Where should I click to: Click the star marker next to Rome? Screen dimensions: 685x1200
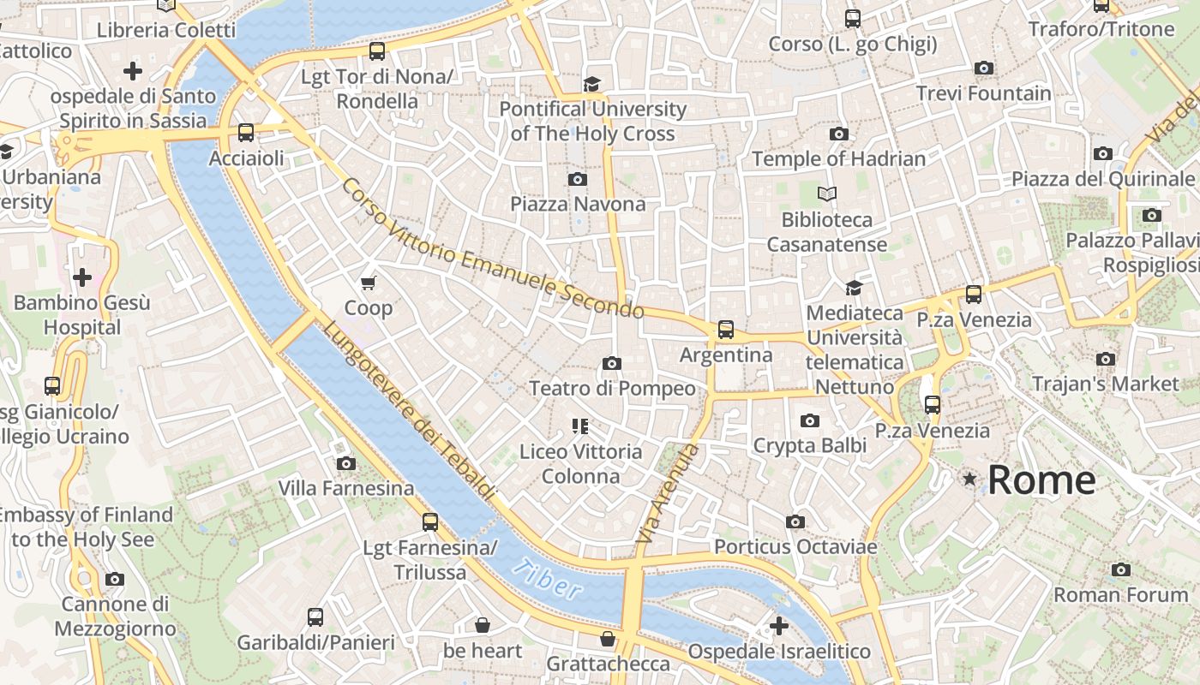click(x=969, y=479)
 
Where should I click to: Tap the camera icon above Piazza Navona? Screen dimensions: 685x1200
click(x=578, y=179)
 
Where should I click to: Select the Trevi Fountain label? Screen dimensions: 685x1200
click(x=983, y=93)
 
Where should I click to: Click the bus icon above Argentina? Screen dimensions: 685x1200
click(x=726, y=329)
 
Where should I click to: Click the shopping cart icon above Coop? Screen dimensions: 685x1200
click(x=369, y=283)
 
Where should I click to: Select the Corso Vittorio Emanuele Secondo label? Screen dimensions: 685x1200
click(x=492, y=249)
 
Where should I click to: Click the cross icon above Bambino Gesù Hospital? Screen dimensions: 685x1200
click(x=82, y=277)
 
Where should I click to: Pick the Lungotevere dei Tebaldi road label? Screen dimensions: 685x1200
click(x=409, y=412)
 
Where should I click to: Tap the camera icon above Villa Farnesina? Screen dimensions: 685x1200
click(x=346, y=463)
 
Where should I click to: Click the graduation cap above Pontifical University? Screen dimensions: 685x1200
click(x=592, y=84)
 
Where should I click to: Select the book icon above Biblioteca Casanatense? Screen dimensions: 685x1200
click(x=826, y=194)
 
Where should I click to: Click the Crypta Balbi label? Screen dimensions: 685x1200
click(x=809, y=445)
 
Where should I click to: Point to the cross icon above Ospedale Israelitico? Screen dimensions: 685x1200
click(x=779, y=626)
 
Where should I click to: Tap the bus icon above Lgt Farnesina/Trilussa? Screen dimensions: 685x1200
click(x=430, y=521)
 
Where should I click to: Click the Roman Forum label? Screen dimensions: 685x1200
click(x=1120, y=594)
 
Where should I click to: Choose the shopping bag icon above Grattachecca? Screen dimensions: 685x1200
click(x=608, y=639)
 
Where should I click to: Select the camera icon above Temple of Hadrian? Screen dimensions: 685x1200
click(x=839, y=134)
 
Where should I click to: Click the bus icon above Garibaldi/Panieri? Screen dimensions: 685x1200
click(x=315, y=616)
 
